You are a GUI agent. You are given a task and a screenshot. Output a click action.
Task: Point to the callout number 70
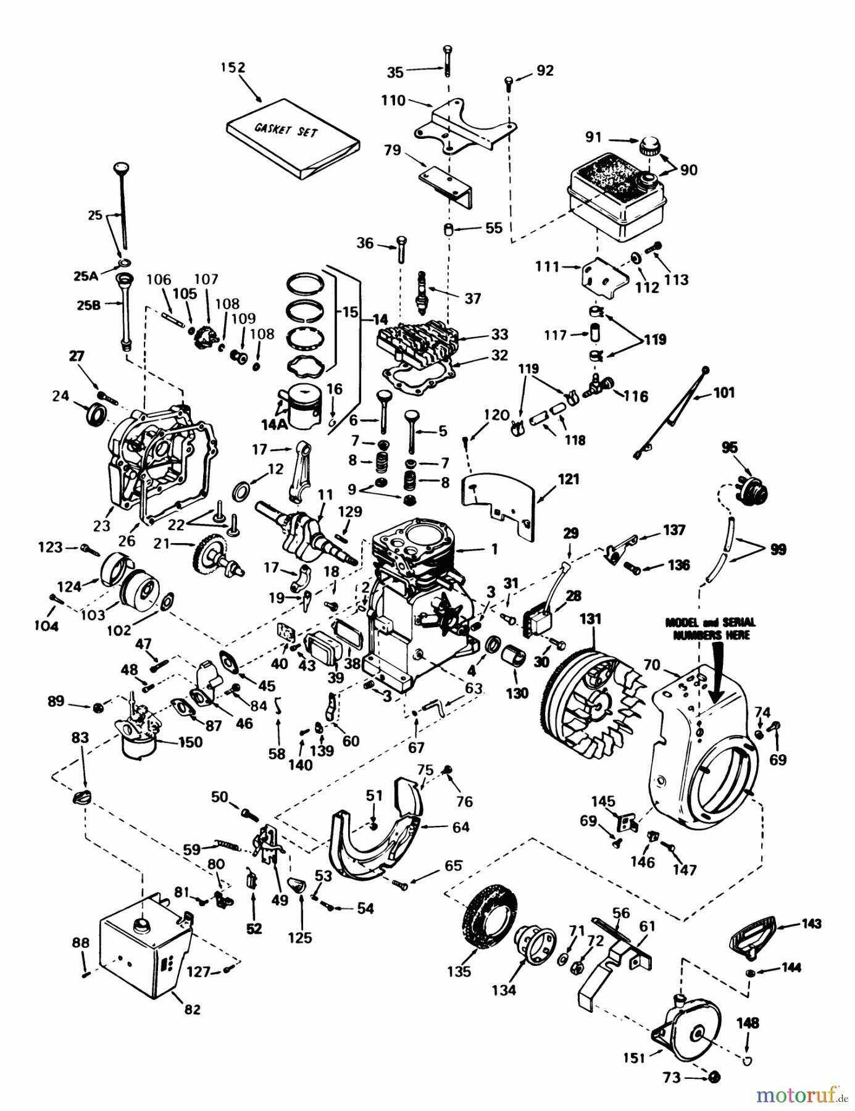pyautogui.click(x=651, y=665)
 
